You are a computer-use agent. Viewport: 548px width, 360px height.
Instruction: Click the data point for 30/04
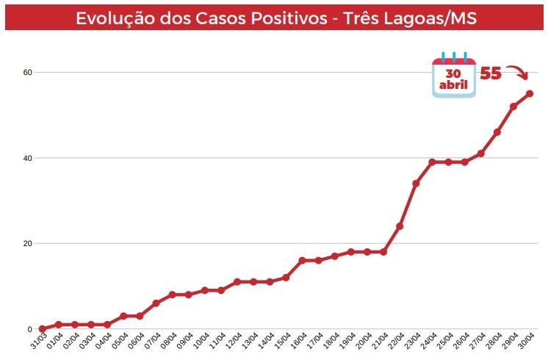coord(529,93)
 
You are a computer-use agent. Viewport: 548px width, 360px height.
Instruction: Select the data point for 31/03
coord(43,329)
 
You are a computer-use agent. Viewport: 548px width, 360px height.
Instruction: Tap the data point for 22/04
coord(400,226)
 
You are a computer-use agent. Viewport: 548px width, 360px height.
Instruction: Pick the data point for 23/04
coord(416,183)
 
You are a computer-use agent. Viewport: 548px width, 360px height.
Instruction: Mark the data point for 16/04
coord(302,260)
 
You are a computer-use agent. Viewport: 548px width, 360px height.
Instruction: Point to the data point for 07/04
coord(156,303)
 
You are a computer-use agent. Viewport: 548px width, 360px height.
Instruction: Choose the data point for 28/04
coord(497,132)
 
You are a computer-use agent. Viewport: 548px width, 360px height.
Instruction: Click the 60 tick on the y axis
coord(27,73)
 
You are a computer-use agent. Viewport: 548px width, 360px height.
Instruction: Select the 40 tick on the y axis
coord(27,158)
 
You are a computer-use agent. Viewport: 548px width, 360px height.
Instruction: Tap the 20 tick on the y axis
coord(27,244)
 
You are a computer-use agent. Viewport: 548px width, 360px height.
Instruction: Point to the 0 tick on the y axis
coord(29,329)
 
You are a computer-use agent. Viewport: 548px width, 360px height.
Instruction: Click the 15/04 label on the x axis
coord(281,344)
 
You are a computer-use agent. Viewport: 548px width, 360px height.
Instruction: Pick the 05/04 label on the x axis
coord(119,344)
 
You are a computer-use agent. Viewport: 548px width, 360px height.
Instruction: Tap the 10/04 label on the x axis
coord(201,344)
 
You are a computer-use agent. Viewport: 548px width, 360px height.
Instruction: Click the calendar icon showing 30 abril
coord(453,76)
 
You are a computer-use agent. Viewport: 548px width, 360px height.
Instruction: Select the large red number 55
coord(491,73)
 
